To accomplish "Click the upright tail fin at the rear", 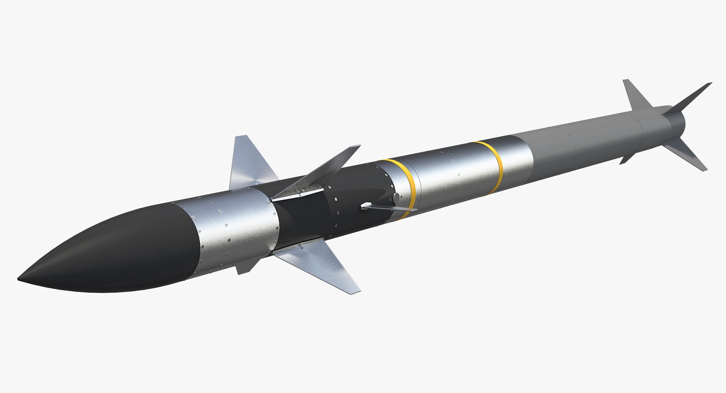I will [635, 95].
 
